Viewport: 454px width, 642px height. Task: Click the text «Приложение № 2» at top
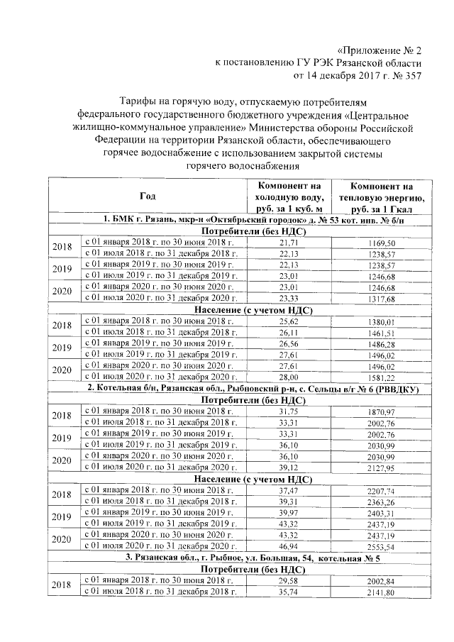click(380, 50)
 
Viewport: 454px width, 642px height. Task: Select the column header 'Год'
click(147, 195)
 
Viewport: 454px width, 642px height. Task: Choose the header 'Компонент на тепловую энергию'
click(386, 196)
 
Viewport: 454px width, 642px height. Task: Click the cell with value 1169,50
click(387, 243)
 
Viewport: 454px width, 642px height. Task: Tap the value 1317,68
click(387, 298)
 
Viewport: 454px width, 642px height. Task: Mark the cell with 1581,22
click(387, 377)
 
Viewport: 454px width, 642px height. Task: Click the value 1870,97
click(387, 412)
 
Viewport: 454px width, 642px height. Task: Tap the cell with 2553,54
click(387, 546)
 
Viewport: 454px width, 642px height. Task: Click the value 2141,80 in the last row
click(387, 592)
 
